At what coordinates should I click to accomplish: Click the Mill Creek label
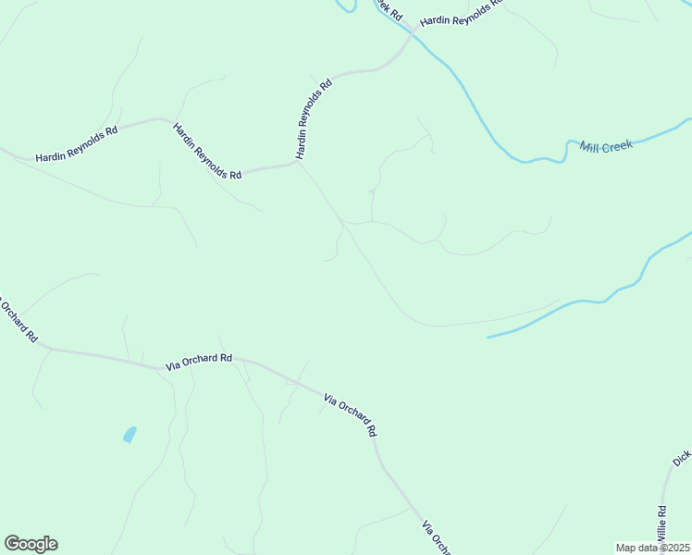(x=606, y=146)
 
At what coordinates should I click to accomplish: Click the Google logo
(x=31, y=544)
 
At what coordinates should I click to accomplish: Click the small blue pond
(x=130, y=434)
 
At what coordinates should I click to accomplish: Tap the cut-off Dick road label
(x=682, y=458)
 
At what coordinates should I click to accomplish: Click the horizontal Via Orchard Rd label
(x=199, y=362)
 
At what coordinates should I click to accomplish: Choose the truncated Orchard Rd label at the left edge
(x=18, y=318)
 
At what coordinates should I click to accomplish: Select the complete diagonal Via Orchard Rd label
(x=351, y=415)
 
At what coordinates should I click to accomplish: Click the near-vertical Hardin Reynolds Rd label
(x=313, y=119)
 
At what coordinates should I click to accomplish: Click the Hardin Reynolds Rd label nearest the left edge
(x=77, y=144)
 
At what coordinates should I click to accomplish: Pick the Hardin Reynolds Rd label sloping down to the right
(x=207, y=149)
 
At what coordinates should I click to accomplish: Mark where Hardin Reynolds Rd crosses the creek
(x=410, y=36)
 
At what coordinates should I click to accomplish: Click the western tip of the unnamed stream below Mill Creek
(x=488, y=337)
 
